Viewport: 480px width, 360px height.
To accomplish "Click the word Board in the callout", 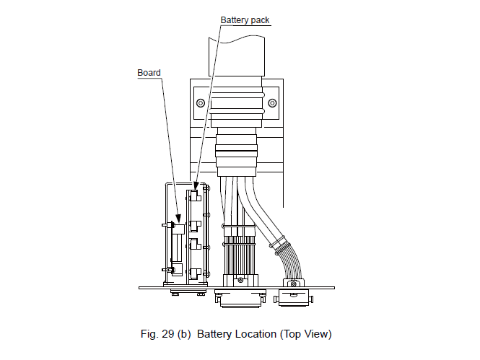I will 149,72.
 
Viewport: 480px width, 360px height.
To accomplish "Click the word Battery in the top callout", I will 235,20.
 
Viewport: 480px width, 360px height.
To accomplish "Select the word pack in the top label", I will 259,20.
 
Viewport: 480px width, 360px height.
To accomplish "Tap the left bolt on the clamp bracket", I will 200,103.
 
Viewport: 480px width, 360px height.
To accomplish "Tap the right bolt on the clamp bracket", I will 271,103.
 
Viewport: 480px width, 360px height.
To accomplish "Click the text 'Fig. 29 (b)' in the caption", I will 165,334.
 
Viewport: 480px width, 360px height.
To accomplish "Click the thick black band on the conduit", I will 237,151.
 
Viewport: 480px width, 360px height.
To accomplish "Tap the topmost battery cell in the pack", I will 196,196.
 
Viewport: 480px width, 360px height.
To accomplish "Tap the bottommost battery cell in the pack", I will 195,273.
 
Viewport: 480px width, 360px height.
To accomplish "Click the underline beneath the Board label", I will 149,78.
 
